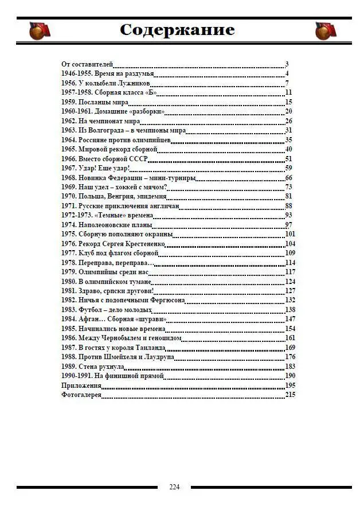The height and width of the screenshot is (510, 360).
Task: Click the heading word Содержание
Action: tap(178, 30)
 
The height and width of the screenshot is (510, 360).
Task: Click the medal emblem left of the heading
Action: tap(40, 31)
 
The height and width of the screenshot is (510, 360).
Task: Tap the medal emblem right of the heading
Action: tap(325, 31)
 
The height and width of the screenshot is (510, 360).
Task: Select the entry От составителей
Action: tap(87, 64)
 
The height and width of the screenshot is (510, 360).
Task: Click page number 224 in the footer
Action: tap(174, 487)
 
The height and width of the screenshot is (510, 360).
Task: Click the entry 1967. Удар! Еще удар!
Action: tap(96, 168)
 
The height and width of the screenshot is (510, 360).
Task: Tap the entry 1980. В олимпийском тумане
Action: tap(106, 282)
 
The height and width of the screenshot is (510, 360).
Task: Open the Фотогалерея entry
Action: tap(81, 395)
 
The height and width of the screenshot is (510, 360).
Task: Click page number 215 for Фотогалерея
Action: tap(290, 395)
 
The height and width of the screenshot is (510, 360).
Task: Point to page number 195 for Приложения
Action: tap(290, 386)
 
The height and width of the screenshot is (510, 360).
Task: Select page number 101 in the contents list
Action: tap(290, 234)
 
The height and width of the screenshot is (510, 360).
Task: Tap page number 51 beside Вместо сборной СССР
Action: tap(289, 159)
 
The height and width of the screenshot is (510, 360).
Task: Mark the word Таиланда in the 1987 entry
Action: tap(150, 348)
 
